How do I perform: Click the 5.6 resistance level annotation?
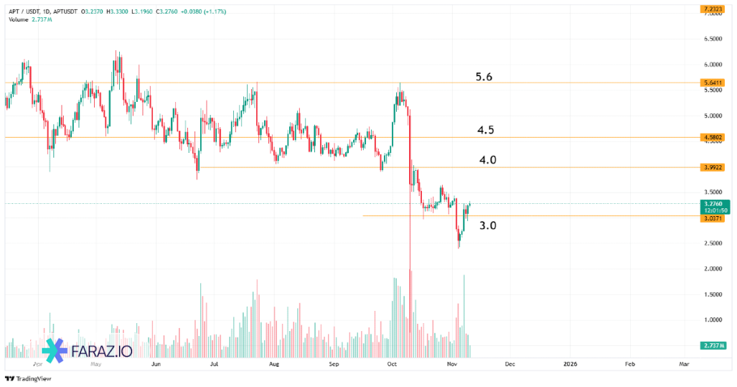[x=484, y=76]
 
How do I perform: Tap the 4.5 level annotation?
[x=485, y=130]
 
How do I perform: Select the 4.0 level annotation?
[x=488, y=160]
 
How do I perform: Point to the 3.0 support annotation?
[x=488, y=225]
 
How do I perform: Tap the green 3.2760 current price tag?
[x=715, y=206]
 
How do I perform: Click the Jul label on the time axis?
[x=214, y=364]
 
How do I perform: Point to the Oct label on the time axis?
[x=392, y=364]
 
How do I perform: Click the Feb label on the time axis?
[x=629, y=364]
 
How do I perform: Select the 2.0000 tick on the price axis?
[x=713, y=269]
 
